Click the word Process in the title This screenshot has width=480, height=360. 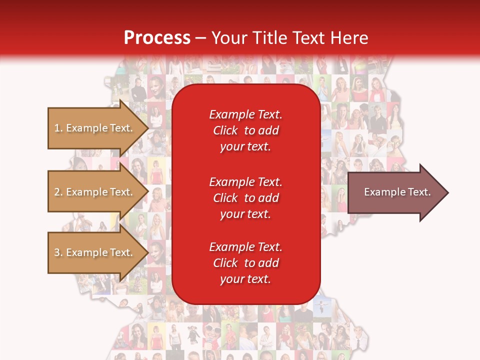pyautogui.click(x=157, y=38)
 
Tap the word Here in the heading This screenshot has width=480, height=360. pyautogui.click(x=349, y=38)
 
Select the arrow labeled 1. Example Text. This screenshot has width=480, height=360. pyautogui.click(x=95, y=128)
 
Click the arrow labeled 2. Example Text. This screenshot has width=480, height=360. pyautogui.click(x=95, y=192)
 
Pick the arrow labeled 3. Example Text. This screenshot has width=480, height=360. pyautogui.click(x=95, y=252)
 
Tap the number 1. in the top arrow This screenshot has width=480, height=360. pyautogui.click(x=58, y=128)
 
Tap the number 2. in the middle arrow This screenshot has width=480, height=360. pyautogui.click(x=58, y=192)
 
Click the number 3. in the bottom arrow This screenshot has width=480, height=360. pyautogui.click(x=58, y=252)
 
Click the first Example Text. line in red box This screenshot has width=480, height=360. pyautogui.click(x=245, y=114)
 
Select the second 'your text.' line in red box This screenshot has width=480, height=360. pyautogui.click(x=245, y=214)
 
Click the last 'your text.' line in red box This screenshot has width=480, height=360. pyautogui.click(x=245, y=279)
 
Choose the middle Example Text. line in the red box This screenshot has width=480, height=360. pyautogui.click(x=245, y=181)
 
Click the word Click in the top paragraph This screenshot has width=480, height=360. pyautogui.click(x=225, y=130)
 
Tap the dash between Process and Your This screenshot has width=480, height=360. pyautogui.click(x=200, y=38)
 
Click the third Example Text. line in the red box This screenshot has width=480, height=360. pyautogui.click(x=245, y=247)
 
